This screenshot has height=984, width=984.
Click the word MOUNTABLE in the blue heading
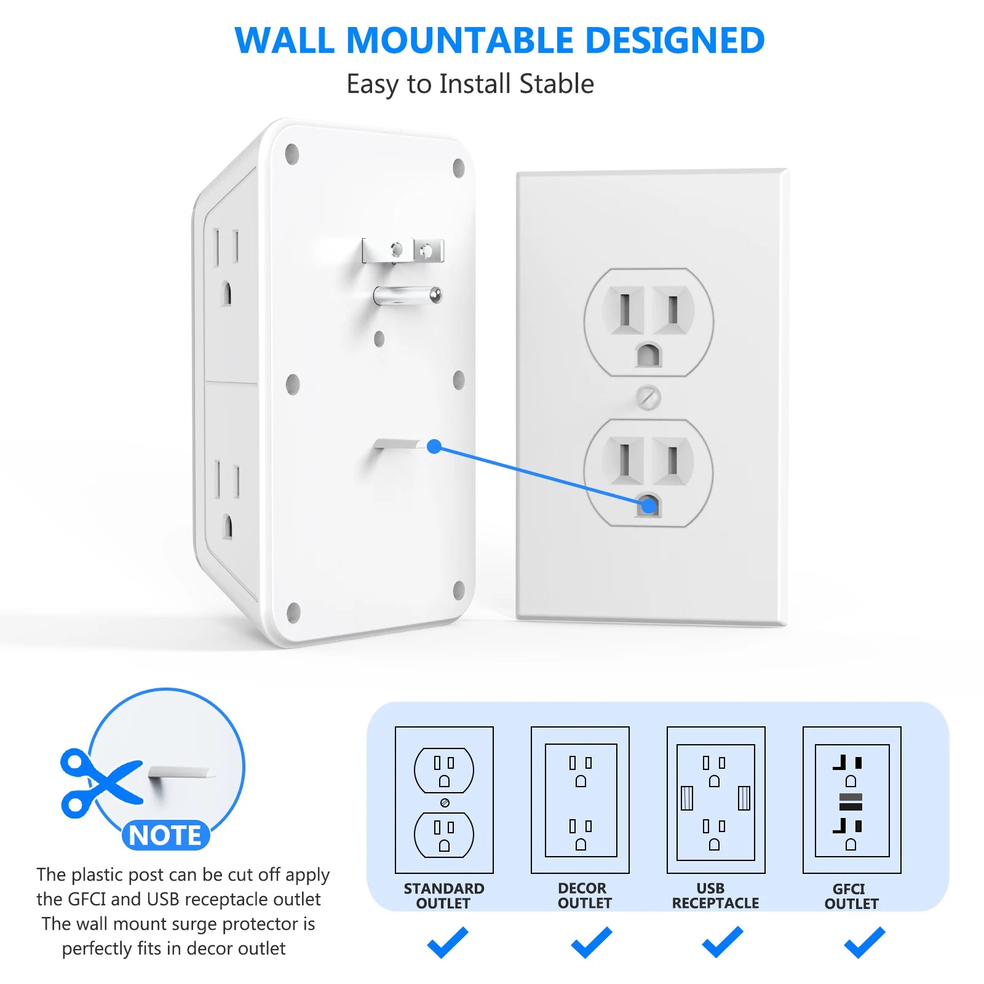(461, 41)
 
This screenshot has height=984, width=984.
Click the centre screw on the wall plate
(648, 398)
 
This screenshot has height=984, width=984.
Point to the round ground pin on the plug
(408, 295)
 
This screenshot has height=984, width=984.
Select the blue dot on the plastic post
(434, 446)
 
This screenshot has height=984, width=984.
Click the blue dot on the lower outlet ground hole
(648, 506)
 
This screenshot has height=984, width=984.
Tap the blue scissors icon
(100, 782)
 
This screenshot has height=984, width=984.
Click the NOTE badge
(165, 835)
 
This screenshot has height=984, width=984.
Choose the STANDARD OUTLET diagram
(444, 799)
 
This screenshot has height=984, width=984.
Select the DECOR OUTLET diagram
(580, 799)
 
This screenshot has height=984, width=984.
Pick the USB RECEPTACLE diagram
(716, 799)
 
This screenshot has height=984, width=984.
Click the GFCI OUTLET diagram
(852, 799)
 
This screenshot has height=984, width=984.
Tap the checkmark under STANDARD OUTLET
(448, 942)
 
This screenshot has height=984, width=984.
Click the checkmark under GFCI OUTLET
(864, 942)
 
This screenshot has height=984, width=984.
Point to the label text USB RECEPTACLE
(715, 896)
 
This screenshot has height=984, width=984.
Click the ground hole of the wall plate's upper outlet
(648, 355)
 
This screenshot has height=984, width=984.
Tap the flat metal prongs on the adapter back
(403, 250)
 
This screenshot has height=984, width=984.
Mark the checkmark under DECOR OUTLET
(591, 942)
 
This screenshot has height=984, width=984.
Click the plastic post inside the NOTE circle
(181, 773)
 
